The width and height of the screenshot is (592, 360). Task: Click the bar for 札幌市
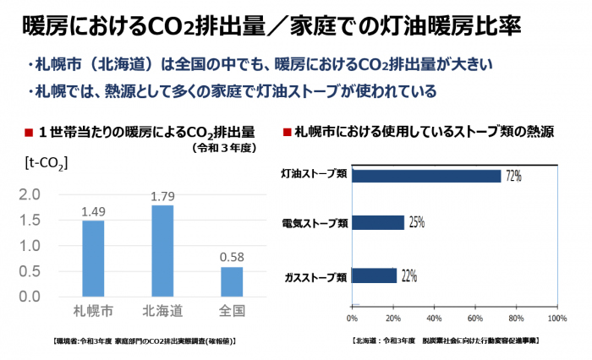[x=93, y=259]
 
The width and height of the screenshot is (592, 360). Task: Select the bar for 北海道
[x=162, y=251]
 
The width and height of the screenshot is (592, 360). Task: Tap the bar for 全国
[x=232, y=281]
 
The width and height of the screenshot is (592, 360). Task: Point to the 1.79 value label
[x=162, y=196]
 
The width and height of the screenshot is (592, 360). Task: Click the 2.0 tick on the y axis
[x=29, y=194]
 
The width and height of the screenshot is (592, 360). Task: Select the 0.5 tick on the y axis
[x=29, y=271]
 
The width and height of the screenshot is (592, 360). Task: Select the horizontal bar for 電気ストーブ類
[x=377, y=222]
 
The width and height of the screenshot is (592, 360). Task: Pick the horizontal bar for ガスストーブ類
[x=373, y=275]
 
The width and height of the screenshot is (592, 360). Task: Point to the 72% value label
[x=513, y=176]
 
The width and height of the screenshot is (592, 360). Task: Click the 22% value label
[x=409, y=275]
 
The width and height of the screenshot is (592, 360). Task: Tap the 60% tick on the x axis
[x=474, y=319]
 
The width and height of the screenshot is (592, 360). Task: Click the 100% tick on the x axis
[x=556, y=319]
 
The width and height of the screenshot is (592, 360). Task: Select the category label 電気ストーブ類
[x=315, y=224]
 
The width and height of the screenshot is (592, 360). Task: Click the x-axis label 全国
[x=232, y=310]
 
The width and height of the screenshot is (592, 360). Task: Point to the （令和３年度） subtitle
[x=222, y=147]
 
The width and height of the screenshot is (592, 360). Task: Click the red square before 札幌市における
[x=287, y=133]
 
